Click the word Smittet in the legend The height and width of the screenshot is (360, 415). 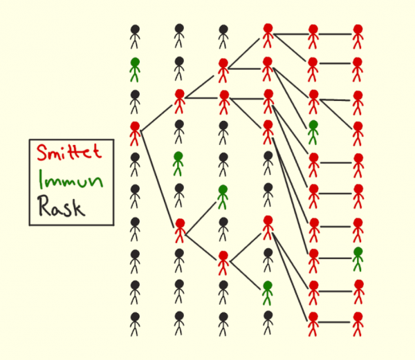point(70,151)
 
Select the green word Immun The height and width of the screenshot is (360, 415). point(71,180)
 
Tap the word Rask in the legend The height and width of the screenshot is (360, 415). point(63,207)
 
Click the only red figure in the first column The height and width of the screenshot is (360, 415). point(135,133)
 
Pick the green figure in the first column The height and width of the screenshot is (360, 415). point(135,70)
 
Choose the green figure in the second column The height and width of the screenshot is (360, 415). point(179,164)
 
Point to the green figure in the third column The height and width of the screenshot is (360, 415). point(223,197)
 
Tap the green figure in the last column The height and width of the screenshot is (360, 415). point(358,259)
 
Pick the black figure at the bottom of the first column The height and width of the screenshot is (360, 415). point(135,325)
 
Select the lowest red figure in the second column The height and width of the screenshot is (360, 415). point(179,229)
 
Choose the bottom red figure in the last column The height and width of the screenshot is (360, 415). point(358,325)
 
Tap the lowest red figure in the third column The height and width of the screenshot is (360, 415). point(223,263)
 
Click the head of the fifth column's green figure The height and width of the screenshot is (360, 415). point(313,126)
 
